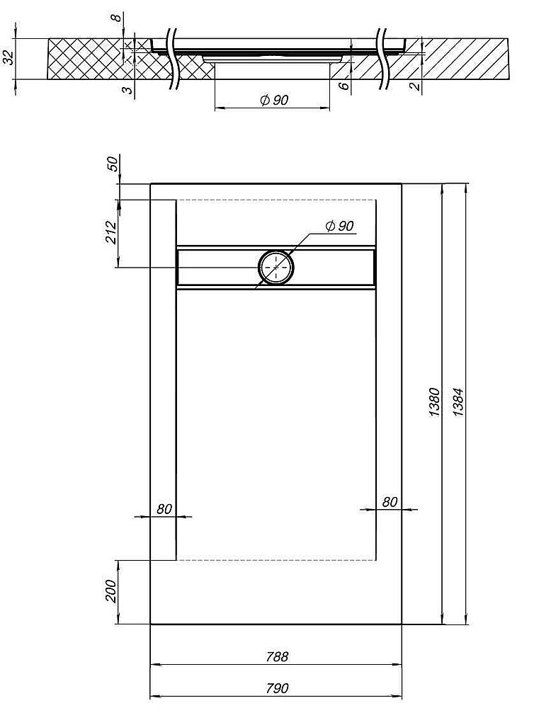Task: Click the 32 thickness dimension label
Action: coord(8,57)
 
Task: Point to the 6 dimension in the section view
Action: coord(343,86)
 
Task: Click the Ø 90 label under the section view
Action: coord(273,101)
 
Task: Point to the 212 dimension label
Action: coord(110,232)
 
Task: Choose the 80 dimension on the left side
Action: coord(164,508)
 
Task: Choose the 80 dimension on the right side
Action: coord(389,502)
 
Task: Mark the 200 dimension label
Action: coord(110,591)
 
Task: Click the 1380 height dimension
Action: coord(436,402)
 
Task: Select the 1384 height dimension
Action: coord(458,402)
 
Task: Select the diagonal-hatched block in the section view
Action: coord(460,60)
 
